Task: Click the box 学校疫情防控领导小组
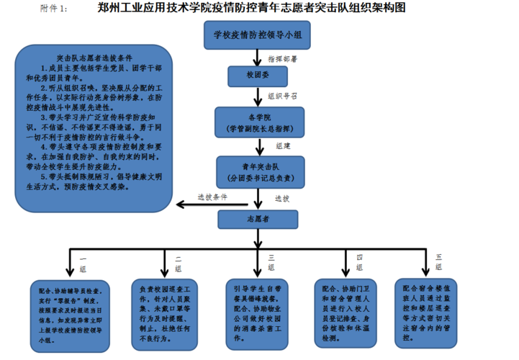(258, 34)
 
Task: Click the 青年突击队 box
(258, 170)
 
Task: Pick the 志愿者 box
(258, 216)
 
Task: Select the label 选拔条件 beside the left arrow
(214, 197)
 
